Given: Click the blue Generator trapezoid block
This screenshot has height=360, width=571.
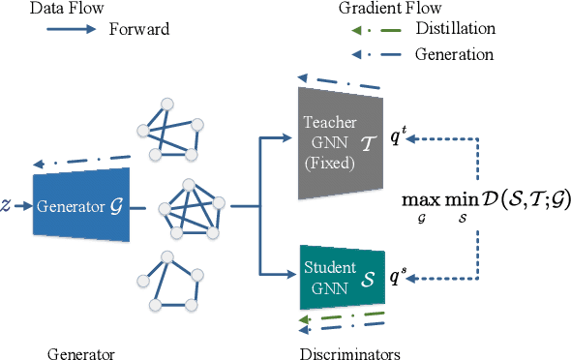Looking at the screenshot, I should click(x=81, y=205).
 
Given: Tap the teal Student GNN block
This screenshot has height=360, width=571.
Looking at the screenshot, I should click(x=341, y=273).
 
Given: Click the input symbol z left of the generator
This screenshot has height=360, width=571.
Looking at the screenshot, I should click(x=7, y=206).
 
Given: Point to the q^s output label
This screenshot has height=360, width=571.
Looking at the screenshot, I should click(x=396, y=277).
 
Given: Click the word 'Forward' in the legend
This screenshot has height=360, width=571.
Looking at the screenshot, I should click(x=141, y=29).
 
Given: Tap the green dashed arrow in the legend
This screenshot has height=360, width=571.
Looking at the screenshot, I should click(x=371, y=29).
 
